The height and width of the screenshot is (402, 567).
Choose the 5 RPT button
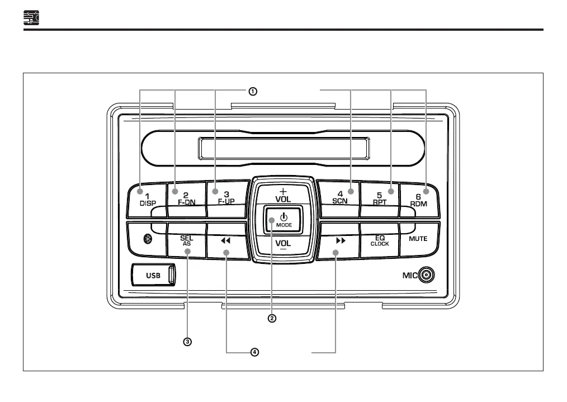pos(379,199)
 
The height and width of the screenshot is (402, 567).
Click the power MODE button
pos(283,220)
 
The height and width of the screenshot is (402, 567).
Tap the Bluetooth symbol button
pos(148,239)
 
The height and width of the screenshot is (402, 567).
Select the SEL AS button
pos(187,241)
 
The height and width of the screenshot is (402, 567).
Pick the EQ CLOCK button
pos(380,240)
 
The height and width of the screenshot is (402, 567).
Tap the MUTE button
pos(418,239)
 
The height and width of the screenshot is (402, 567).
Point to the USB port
pos(154,275)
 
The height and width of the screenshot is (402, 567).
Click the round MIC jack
pos(427,275)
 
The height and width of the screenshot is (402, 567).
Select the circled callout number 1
pos(253,91)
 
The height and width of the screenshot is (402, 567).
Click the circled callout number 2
pos(272,318)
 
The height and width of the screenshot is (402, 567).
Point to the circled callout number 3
pos(188,341)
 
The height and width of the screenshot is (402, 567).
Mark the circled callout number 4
pos(254,352)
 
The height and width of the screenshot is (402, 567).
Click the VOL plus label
pos(283,195)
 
